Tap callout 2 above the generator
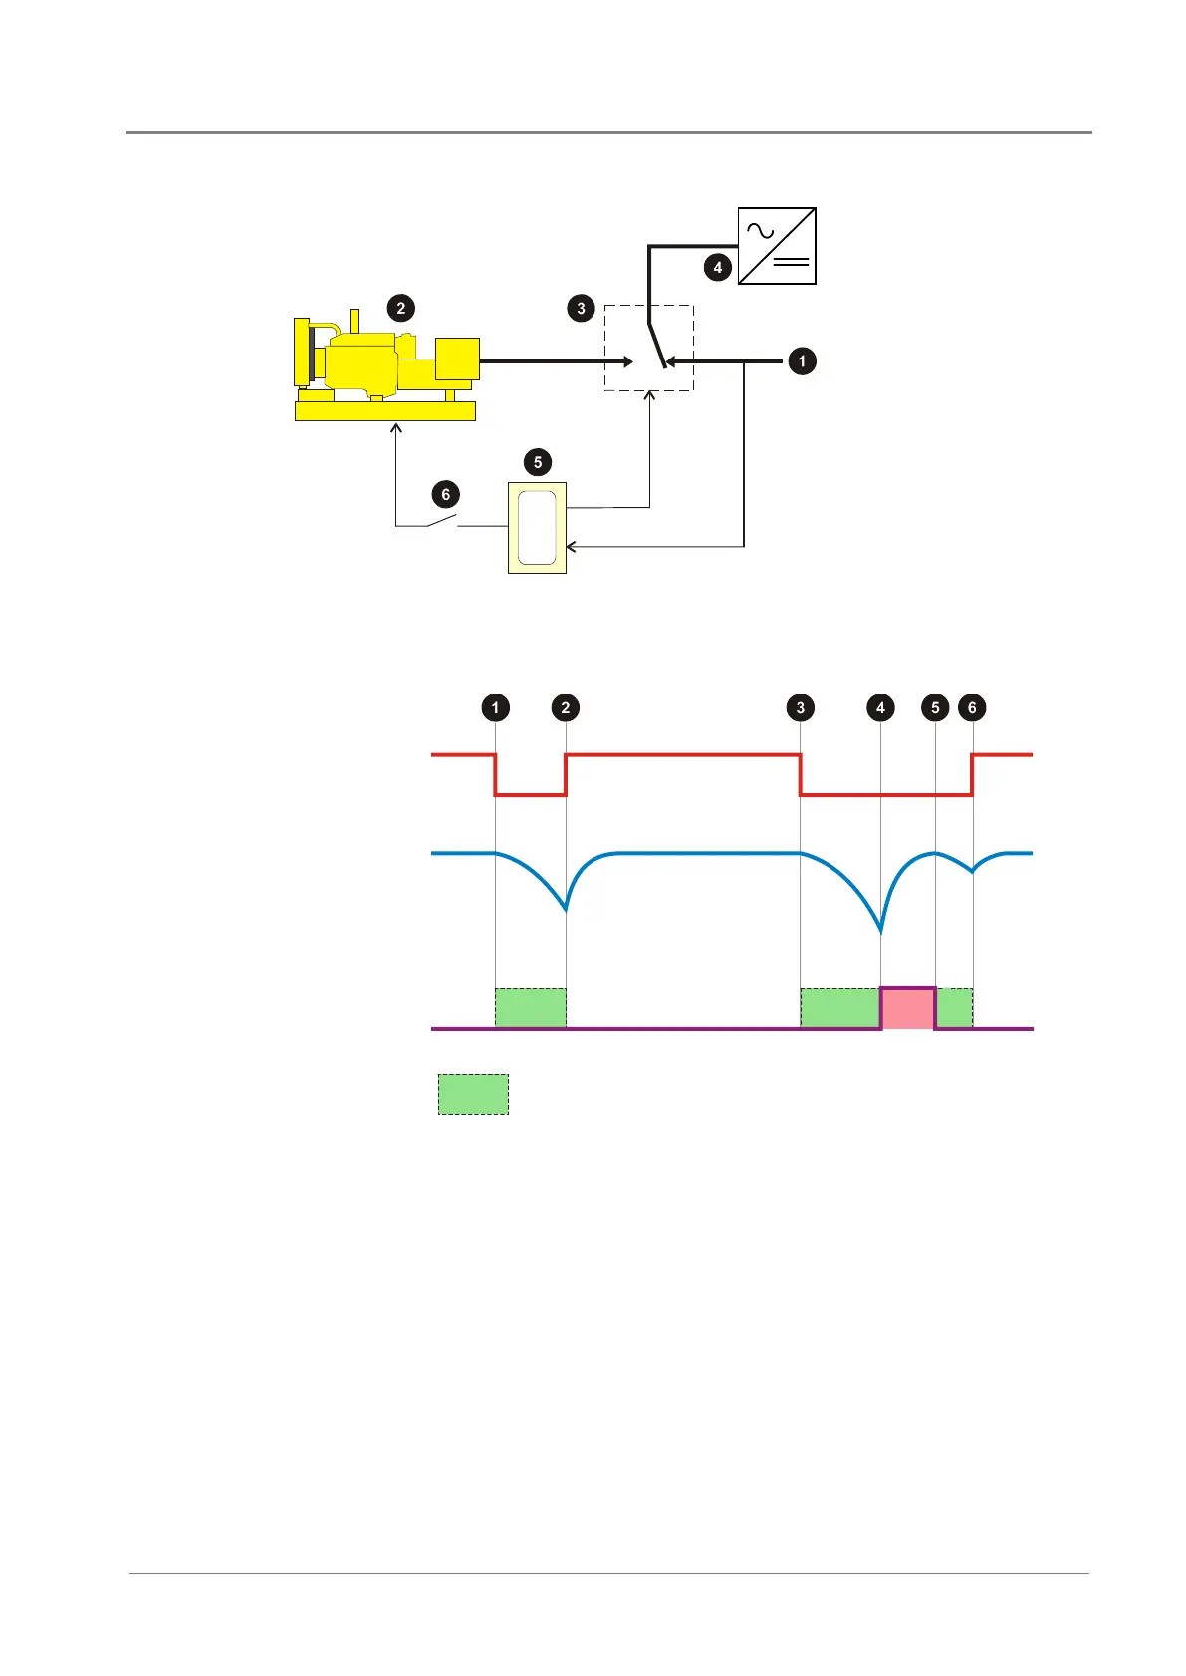(401, 308)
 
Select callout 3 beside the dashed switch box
(582, 308)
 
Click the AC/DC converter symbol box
(777, 246)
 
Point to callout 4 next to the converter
(717, 267)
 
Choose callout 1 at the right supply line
(802, 360)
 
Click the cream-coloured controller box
(537, 527)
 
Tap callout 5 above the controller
(538, 462)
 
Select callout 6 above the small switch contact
(445, 494)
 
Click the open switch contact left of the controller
(443, 521)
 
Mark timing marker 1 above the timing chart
(495, 707)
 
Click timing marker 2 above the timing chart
(565, 707)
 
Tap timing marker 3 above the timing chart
(800, 707)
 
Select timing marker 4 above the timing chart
(880, 707)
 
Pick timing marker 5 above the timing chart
(935, 707)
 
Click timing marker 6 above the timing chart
(972, 707)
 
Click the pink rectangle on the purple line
(908, 1008)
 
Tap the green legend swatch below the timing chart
(474, 1093)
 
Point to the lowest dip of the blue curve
(881, 931)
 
